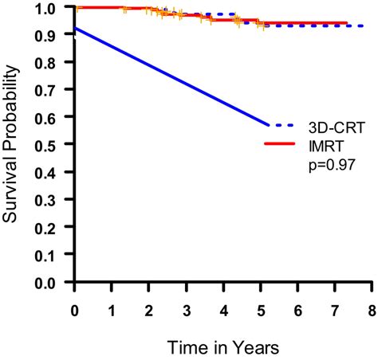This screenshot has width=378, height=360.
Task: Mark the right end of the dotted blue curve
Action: click(364, 25)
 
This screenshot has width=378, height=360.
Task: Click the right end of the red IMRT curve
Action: click(345, 23)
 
